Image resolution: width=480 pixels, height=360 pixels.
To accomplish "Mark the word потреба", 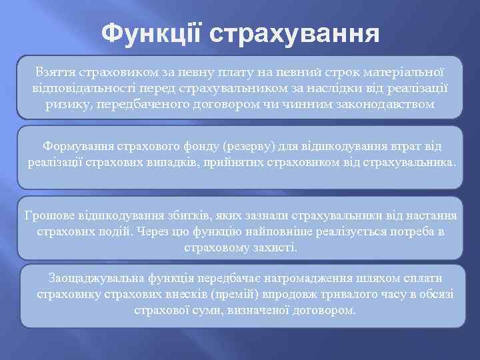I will point(397,231).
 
